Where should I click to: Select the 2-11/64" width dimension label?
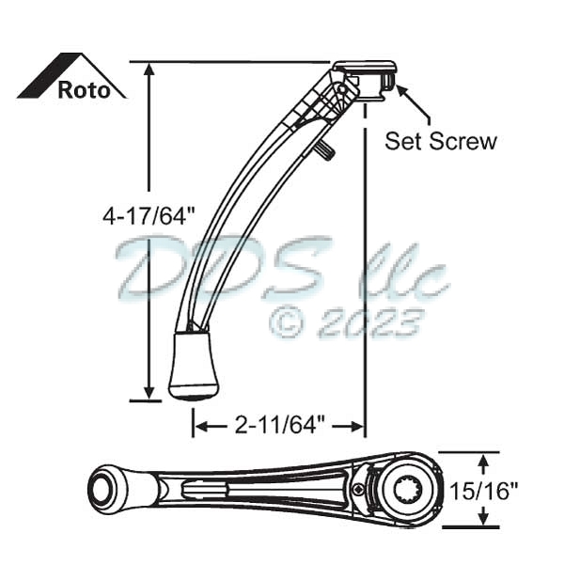(278, 427)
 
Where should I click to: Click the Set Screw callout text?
(440, 141)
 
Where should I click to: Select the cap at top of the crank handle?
(365, 69)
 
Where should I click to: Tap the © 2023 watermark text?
(344, 322)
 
